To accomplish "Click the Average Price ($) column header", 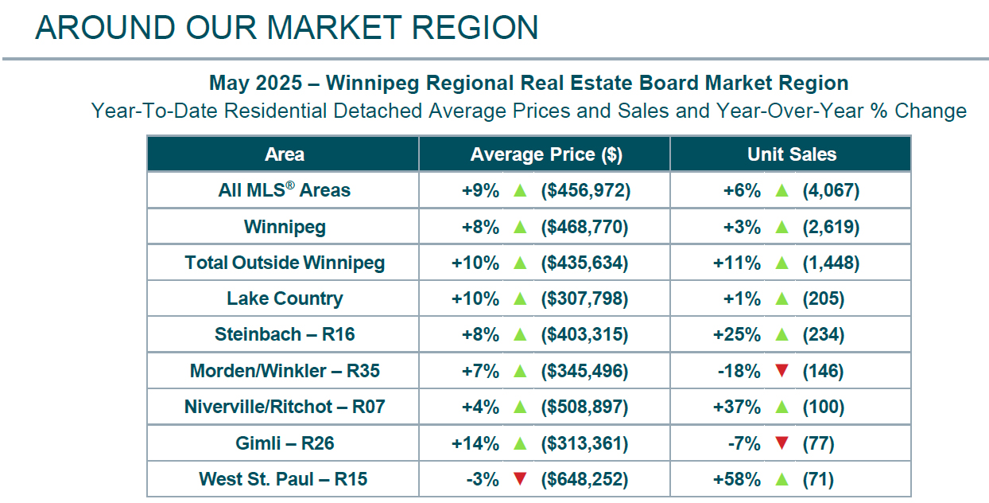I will point(545,154).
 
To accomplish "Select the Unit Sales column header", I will point(791,154).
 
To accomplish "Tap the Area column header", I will point(284,154).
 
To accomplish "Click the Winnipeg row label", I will point(284,227).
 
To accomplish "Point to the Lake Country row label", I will point(284,299).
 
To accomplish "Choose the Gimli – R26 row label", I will point(284,443).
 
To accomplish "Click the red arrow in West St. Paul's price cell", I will point(520,480).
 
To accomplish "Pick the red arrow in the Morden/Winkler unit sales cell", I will point(782,371).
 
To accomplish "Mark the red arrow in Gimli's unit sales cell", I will point(782,443).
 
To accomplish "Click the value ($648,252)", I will point(584,480).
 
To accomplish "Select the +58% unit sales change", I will point(742,480).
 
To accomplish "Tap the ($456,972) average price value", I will point(584,191).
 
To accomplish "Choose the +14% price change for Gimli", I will point(475,443).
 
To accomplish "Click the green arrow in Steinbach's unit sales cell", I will point(782,335).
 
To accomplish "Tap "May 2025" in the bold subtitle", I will point(256,83).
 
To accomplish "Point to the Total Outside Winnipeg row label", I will point(284,263).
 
